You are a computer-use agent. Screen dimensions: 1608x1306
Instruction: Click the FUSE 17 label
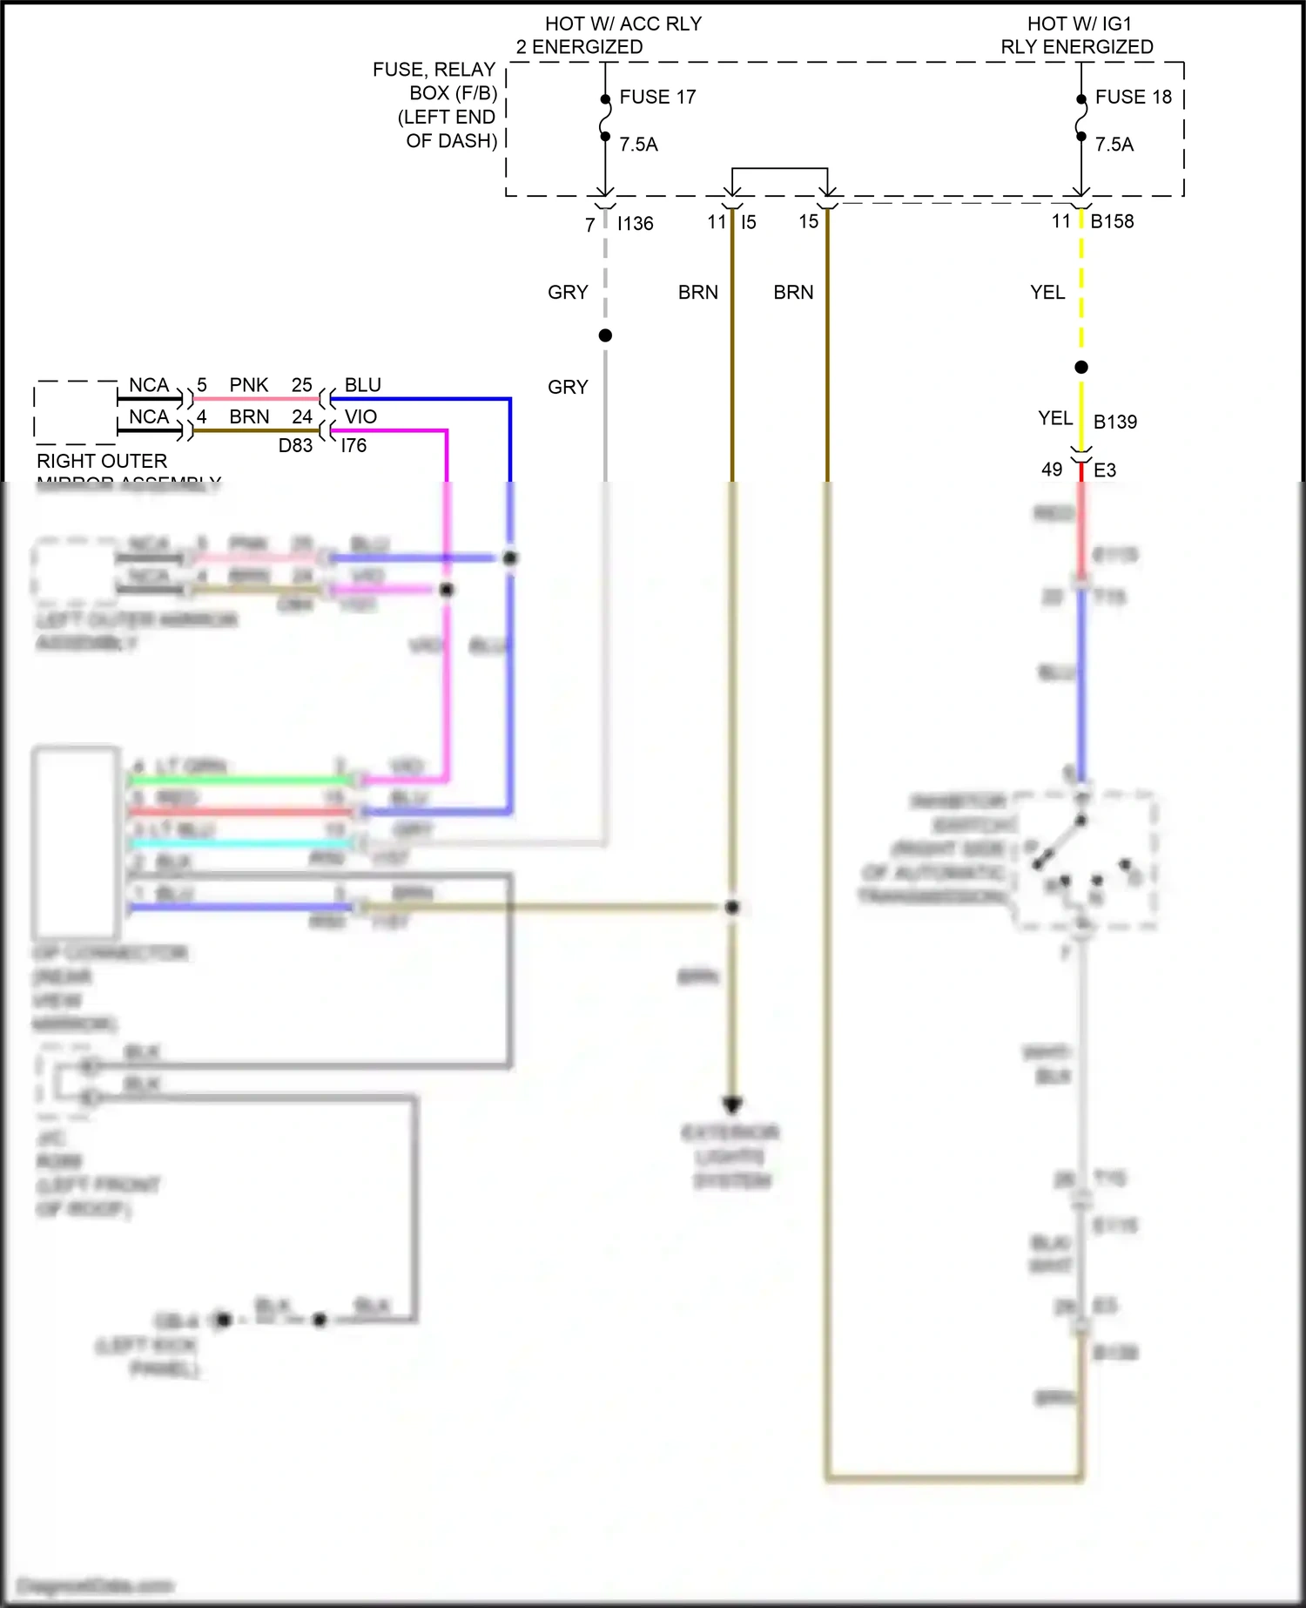(x=657, y=97)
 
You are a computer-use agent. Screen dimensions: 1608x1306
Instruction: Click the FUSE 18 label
(x=1133, y=97)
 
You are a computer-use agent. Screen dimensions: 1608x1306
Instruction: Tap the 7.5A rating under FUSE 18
(x=1114, y=145)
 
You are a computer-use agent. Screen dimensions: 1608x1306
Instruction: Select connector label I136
(x=635, y=224)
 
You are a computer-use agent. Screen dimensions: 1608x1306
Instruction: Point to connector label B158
(x=1112, y=221)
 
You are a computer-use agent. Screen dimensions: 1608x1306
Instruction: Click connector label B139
(x=1114, y=422)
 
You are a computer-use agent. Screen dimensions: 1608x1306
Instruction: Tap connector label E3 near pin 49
(x=1104, y=470)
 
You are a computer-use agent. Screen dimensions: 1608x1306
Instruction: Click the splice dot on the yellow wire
(x=1080, y=367)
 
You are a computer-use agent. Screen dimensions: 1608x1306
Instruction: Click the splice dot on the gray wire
(x=605, y=335)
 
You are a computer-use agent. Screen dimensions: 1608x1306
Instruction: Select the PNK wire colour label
(x=249, y=385)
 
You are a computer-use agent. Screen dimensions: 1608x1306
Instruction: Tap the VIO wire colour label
(x=360, y=416)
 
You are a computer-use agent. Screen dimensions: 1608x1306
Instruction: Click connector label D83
(x=295, y=445)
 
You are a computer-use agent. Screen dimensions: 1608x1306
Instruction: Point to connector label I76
(x=353, y=445)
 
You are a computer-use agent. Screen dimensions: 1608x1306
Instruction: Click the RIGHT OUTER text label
(x=102, y=461)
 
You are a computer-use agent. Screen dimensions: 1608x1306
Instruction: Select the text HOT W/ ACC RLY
(x=623, y=24)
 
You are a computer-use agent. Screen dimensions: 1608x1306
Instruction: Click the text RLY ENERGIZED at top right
(x=1076, y=47)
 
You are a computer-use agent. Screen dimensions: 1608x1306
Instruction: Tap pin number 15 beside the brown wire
(x=809, y=222)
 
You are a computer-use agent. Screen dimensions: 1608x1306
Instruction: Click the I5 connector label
(x=749, y=222)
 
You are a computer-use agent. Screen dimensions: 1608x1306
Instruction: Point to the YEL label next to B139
(x=1054, y=418)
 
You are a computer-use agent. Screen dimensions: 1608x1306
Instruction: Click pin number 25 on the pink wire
(x=301, y=385)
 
